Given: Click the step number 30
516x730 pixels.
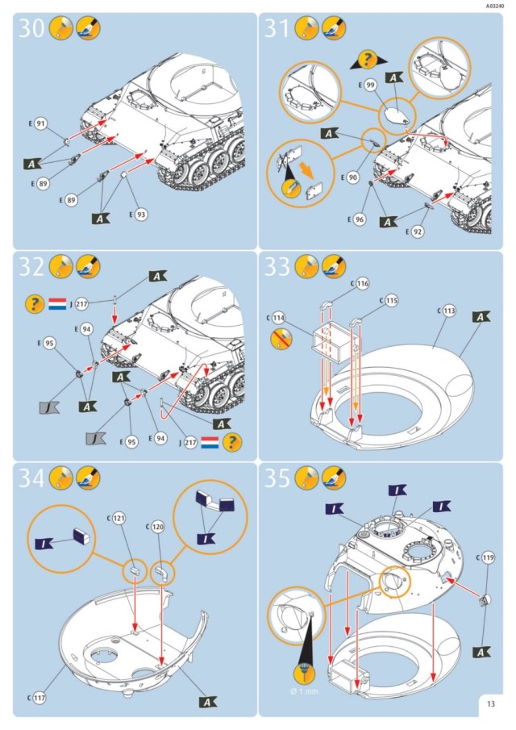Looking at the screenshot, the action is (31, 28).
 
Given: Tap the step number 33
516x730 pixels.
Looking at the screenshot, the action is (277, 266).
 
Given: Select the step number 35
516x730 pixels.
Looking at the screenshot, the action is (277, 478).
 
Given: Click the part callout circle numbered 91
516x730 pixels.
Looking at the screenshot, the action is (41, 124).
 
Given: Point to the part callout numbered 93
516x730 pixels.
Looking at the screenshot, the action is (141, 215).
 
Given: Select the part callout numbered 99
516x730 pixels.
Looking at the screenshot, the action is (370, 86).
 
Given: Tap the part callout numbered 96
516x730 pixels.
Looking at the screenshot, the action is (360, 219).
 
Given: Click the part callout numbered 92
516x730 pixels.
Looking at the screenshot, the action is (418, 232).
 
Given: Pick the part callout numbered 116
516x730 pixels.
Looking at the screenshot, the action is (363, 283).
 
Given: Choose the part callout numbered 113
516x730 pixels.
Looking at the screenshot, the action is (449, 311).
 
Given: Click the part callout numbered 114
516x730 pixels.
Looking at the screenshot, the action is (278, 318).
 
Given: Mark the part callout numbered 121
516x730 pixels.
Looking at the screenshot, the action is (119, 518).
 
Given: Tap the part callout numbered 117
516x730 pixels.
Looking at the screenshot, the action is (39, 698).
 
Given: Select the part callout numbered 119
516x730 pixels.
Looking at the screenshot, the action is (488, 557).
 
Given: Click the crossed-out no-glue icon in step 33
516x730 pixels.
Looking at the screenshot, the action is (281, 339).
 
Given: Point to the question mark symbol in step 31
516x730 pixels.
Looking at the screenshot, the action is (368, 60).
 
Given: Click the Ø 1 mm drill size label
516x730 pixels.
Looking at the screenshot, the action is (304, 691).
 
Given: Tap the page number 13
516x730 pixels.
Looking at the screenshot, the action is (491, 704).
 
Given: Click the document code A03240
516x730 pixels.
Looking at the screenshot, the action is (495, 6).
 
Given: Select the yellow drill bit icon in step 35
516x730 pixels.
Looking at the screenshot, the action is (304, 674).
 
